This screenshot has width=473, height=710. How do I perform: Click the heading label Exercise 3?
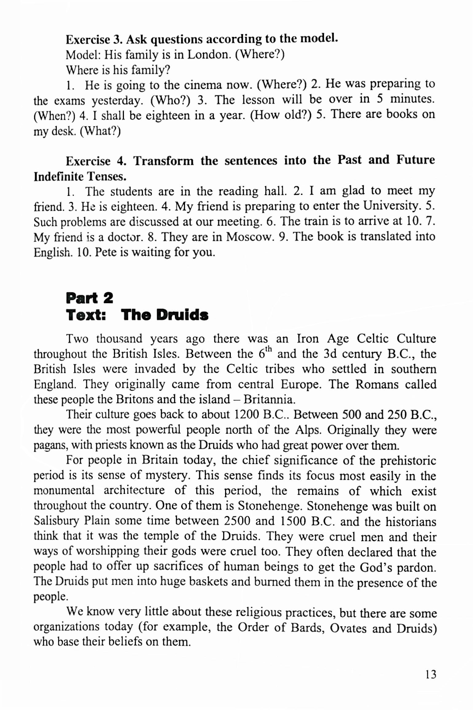coord(92,39)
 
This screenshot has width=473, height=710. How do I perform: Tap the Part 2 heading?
coord(89,298)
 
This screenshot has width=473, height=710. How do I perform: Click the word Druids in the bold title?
coord(182,315)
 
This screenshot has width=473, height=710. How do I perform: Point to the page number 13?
coord(430,675)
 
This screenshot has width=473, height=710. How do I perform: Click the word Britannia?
coord(272,399)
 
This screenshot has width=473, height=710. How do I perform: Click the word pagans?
coord(49,446)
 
